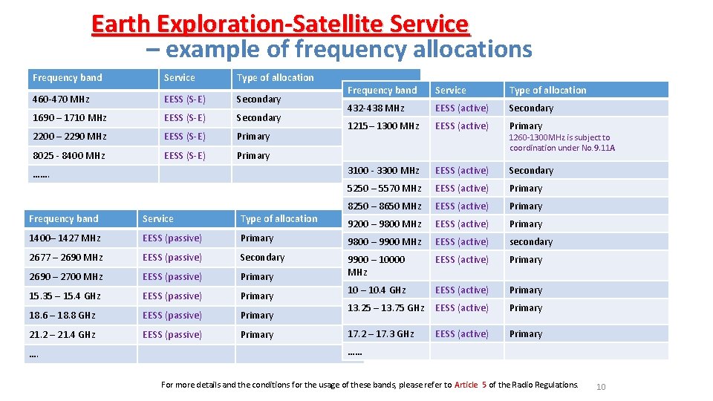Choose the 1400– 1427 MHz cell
(x=65, y=238)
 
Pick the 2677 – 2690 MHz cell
(x=65, y=257)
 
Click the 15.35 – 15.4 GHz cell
(x=65, y=296)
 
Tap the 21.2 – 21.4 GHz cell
(x=62, y=334)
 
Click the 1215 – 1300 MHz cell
(x=383, y=125)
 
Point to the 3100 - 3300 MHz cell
(x=383, y=170)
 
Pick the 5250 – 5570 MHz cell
(x=384, y=188)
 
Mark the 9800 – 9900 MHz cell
(x=384, y=241)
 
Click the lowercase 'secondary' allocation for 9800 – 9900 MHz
(x=530, y=241)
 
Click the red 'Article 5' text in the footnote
(x=470, y=385)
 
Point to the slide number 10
(x=602, y=386)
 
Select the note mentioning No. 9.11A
(x=562, y=143)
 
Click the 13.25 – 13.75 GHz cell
(x=386, y=307)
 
